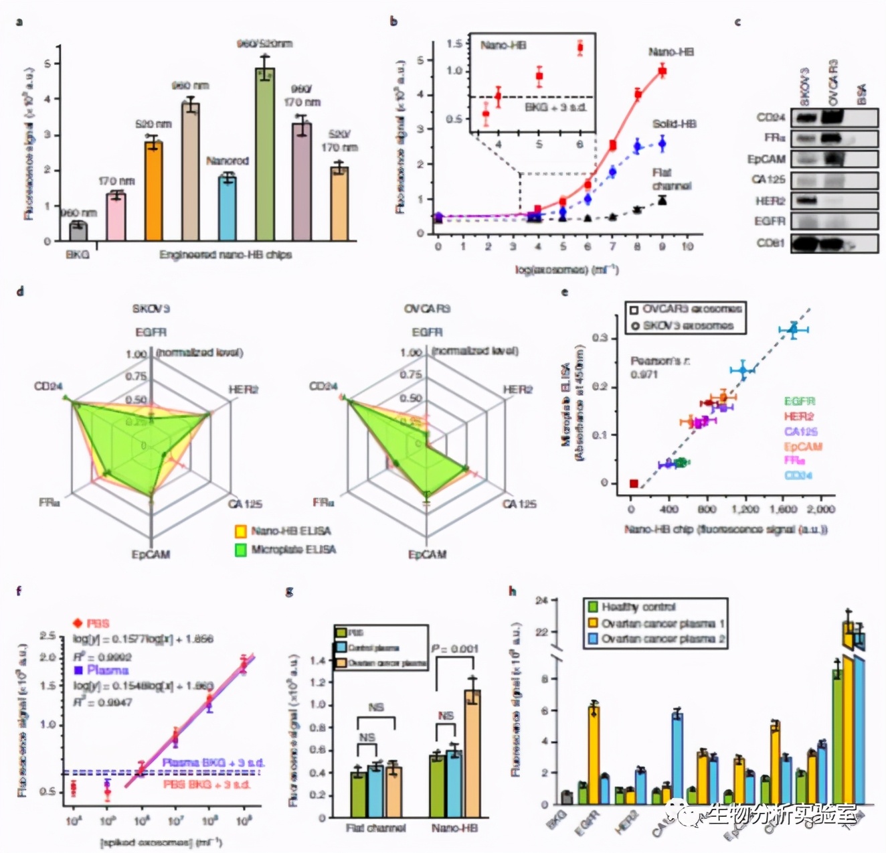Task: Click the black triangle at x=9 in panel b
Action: pos(662,200)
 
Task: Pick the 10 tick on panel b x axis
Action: pos(687,246)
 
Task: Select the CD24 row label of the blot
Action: pos(771,118)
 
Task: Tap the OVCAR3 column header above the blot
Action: pos(832,83)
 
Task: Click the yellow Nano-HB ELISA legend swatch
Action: pos(241,532)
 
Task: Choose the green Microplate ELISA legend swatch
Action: pos(241,550)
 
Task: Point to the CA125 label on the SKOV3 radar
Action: pos(245,504)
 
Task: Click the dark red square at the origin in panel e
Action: pos(633,483)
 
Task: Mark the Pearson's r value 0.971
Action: pos(644,374)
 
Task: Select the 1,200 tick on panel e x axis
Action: pos(745,510)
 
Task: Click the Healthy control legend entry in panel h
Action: pos(638,607)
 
